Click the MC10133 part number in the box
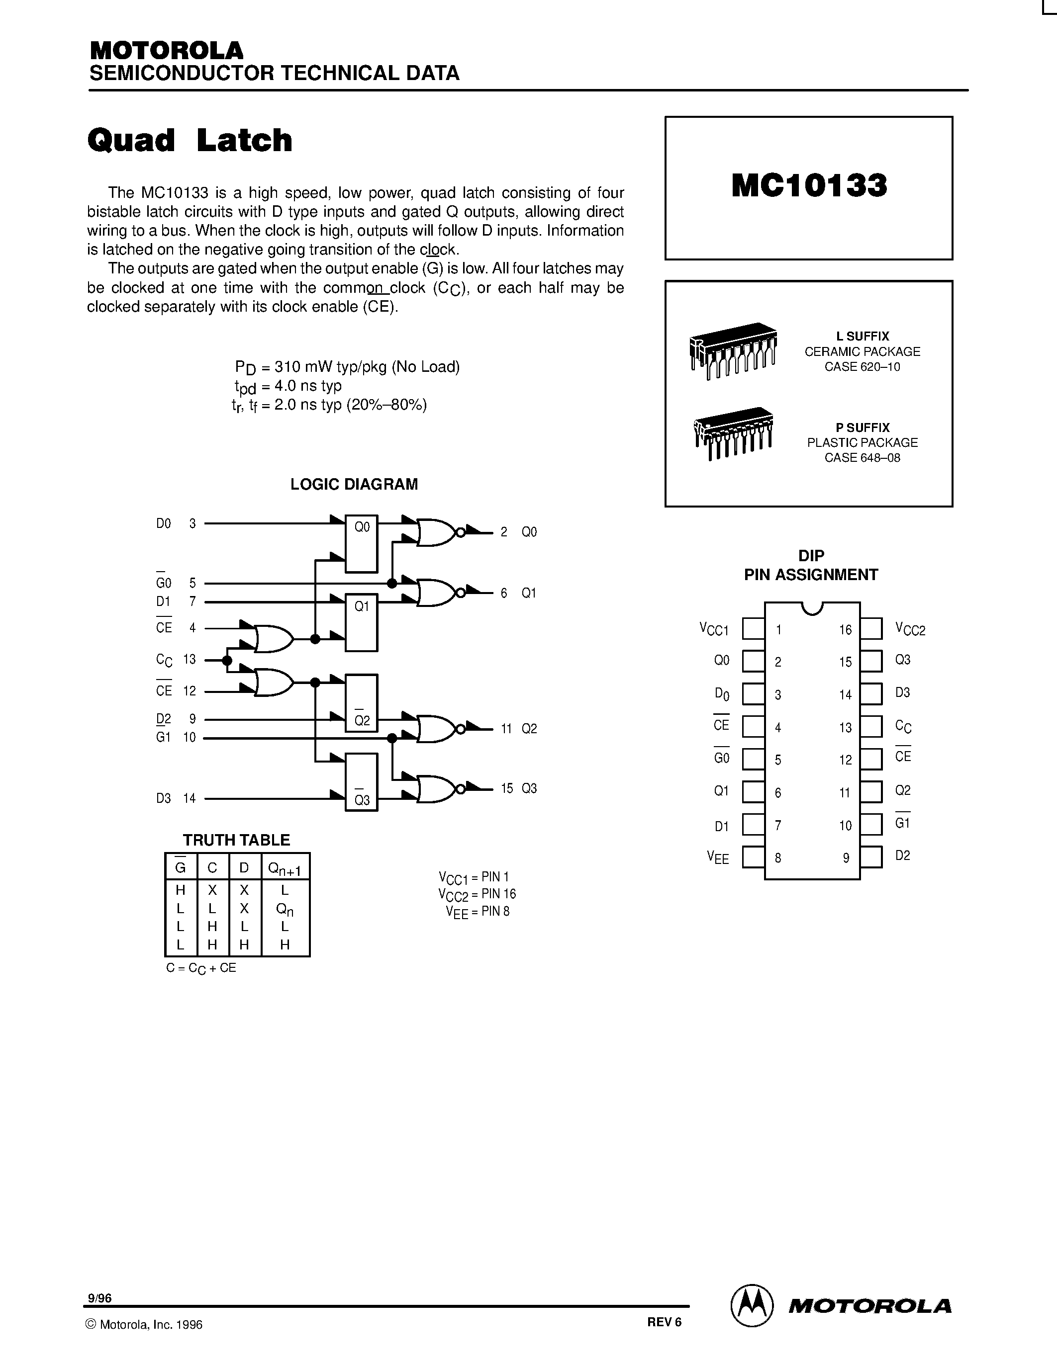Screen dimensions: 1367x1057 click(809, 186)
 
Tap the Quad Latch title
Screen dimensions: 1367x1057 click(190, 140)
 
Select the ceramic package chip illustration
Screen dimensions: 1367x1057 click(733, 350)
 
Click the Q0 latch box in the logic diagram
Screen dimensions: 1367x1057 click(362, 544)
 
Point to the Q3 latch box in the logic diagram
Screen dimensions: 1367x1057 click(362, 782)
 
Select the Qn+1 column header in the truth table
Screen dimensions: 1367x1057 click(285, 868)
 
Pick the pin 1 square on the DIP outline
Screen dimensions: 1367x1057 click(753, 629)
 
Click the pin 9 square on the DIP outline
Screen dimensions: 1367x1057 click(871, 857)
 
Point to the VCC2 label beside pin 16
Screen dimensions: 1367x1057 click(910, 629)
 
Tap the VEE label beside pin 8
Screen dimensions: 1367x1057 click(718, 857)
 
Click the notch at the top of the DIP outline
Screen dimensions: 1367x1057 click(812, 607)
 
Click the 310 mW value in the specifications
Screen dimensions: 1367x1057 click(305, 367)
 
